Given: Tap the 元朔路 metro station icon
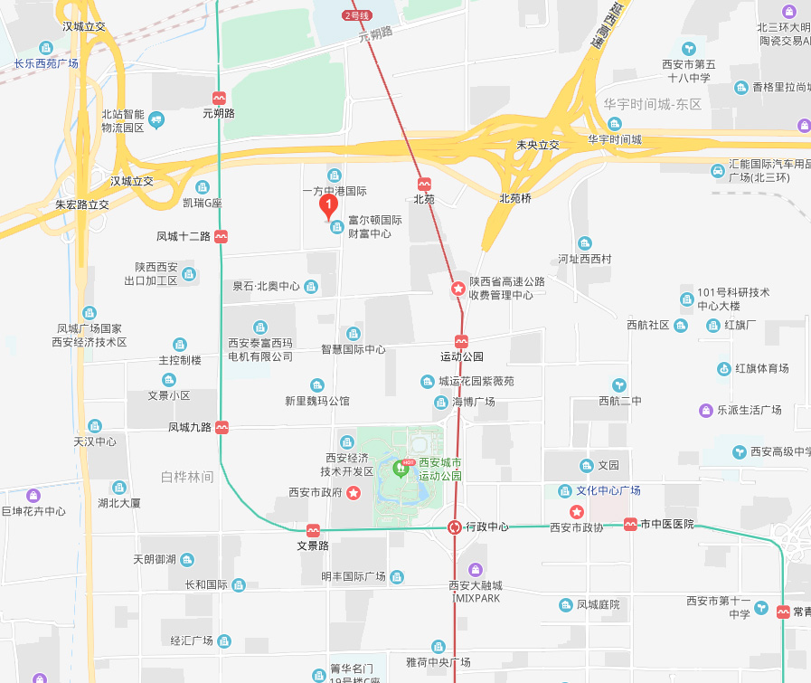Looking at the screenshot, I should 219,98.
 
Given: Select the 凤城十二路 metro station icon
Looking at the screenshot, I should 222,237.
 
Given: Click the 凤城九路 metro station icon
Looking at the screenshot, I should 222,427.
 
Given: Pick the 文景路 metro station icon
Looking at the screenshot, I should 313,530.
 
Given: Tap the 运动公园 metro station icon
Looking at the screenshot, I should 461,341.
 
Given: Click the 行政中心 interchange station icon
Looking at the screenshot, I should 456,527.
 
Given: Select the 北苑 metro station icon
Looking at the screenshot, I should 424,184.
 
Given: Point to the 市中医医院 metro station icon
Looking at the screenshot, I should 629,525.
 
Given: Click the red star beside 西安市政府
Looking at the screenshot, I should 354,493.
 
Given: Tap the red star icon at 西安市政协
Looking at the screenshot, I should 576,512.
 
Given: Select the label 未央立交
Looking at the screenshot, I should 538,145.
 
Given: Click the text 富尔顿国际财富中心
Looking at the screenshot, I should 375,226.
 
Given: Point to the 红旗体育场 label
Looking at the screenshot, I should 761,368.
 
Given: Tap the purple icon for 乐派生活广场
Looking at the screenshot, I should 706,410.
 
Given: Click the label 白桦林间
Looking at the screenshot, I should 187,477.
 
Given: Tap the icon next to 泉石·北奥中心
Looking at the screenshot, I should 311,287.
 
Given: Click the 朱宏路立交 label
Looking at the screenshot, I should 82,204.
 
